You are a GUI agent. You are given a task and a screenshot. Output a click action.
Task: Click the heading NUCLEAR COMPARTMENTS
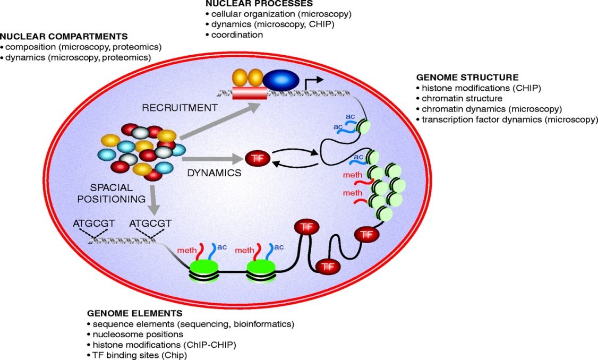pyautogui.click(x=64, y=37)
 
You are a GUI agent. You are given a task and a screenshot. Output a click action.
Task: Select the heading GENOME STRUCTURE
pyautogui.click(x=467, y=78)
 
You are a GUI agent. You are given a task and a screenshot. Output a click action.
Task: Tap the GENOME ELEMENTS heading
pyautogui.click(x=134, y=313)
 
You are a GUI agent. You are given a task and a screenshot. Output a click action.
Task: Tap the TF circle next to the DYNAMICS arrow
pyautogui.click(x=258, y=158)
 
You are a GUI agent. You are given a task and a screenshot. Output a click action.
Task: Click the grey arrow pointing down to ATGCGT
pyautogui.click(x=153, y=199)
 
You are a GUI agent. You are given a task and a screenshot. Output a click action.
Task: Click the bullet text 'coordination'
pyautogui.click(x=236, y=35)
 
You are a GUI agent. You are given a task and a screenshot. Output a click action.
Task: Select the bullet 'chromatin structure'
pyautogui.click(x=462, y=98)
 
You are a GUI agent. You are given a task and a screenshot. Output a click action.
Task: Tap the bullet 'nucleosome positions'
pyautogui.click(x=138, y=334)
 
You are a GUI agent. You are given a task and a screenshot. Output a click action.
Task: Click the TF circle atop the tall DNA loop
pyautogui.click(x=305, y=227)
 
